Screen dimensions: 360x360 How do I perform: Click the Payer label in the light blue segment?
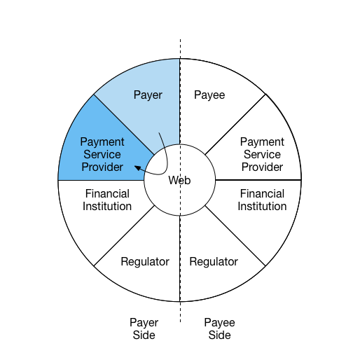(x=148, y=95)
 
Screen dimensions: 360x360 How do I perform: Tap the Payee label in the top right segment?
(x=209, y=95)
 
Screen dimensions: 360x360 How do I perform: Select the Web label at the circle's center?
(x=179, y=180)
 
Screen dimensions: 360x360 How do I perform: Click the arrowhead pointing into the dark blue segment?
(x=138, y=168)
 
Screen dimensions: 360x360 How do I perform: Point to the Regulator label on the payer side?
(x=145, y=262)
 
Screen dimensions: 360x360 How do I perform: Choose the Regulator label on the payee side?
(x=214, y=262)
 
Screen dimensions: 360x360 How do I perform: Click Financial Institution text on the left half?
(x=107, y=200)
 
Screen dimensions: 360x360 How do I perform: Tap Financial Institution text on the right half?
(x=262, y=200)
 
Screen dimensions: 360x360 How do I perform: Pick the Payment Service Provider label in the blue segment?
(x=102, y=154)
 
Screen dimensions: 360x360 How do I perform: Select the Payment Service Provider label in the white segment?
(x=262, y=154)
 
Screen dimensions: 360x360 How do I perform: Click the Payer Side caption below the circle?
(x=144, y=328)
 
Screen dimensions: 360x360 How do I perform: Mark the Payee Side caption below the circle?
(x=219, y=328)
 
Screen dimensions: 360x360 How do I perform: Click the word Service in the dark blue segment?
(x=102, y=154)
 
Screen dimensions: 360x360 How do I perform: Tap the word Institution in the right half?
(x=262, y=207)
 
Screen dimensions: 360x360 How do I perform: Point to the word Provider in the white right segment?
(x=262, y=167)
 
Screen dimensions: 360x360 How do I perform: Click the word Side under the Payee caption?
(x=219, y=335)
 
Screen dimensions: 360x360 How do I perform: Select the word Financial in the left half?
(x=107, y=193)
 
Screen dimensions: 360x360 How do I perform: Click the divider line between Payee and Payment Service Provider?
(x=235, y=124)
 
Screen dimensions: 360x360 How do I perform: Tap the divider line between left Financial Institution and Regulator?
(x=124, y=235)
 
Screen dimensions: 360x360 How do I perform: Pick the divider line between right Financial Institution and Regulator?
(x=235, y=235)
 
